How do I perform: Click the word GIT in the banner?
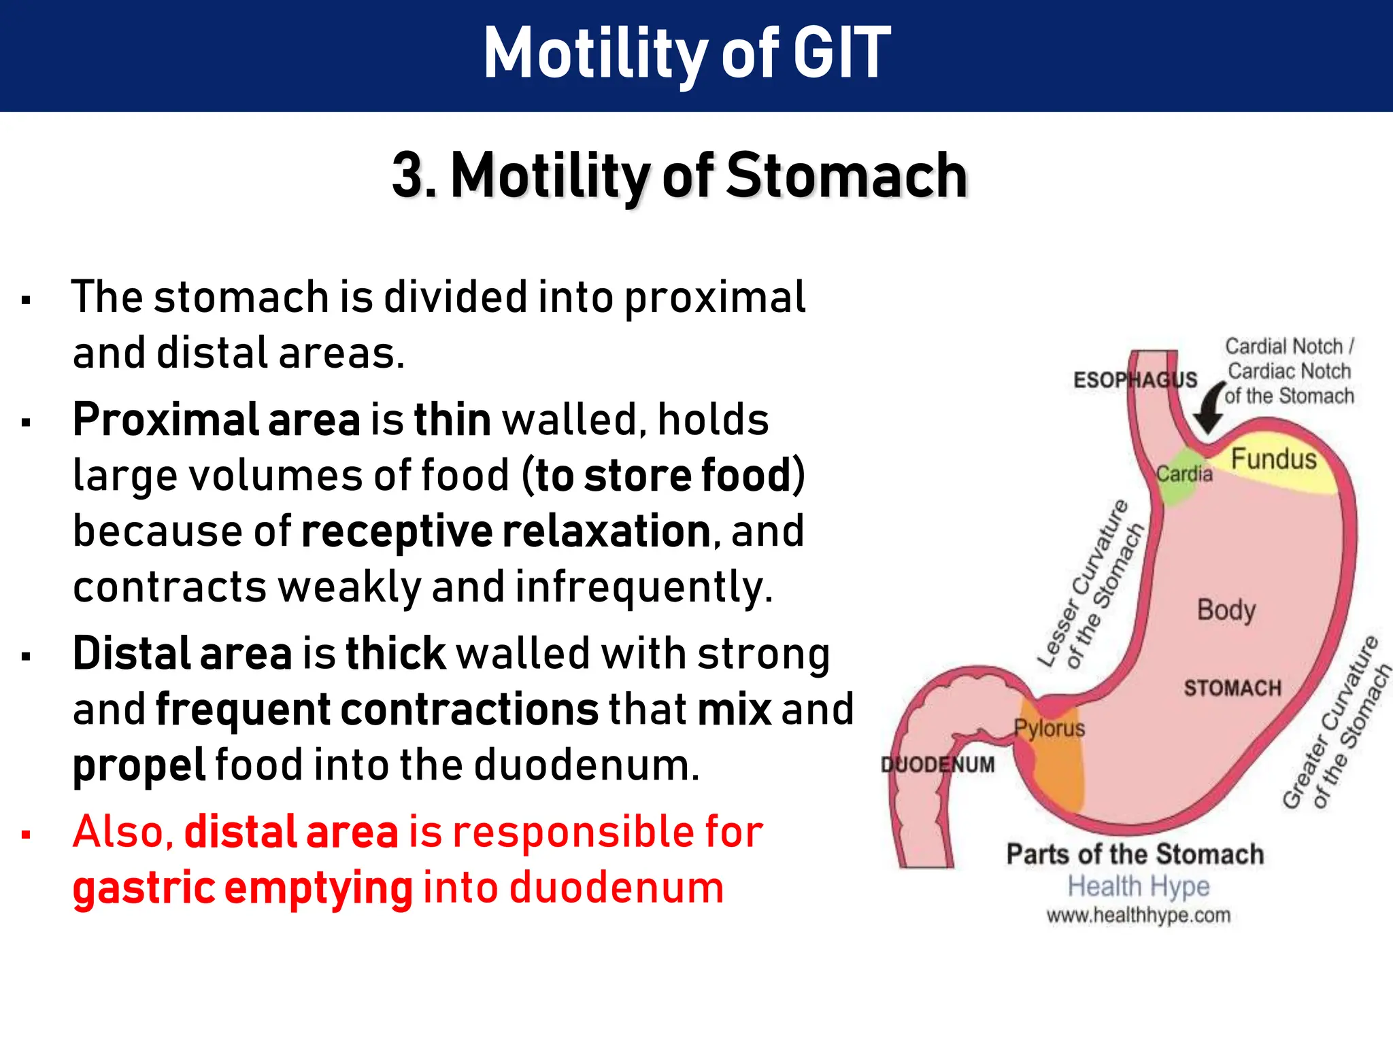pyautogui.click(x=841, y=53)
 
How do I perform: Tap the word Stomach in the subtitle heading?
pyautogui.click(x=847, y=176)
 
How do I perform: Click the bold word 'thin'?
pyautogui.click(x=452, y=420)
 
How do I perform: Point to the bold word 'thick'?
pyautogui.click(x=395, y=654)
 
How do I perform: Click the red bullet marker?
pyautogui.click(x=27, y=834)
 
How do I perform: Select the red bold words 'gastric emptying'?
pyautogui.click(x=243, y=888)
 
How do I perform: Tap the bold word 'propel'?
pyautogui.click(x=139, y=766)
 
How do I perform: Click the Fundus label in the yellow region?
pyautogui.click(x=1273, y=459)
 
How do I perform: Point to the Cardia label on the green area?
pyautogui.click(x=1184, y=474)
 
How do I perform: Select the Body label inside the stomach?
pyautogui.click(x=1226, y=610)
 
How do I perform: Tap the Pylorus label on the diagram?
pyautogui.click(x=1050, y=729)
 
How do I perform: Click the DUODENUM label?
pyautogui.click(x=937, y=765)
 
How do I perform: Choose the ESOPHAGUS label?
pyautogui.click(x=1135, y=380)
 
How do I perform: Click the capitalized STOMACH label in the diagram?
pyautogui.click(x=1232, y=688)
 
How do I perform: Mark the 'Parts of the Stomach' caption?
pyautogui.click(x=1135, y=854)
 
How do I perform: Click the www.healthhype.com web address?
pyautogui.click(x=1138, y=916)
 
